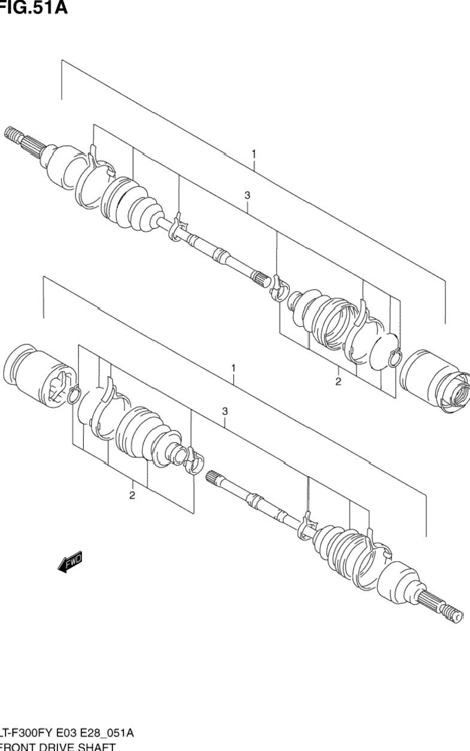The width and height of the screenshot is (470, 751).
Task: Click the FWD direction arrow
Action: pos(70,561)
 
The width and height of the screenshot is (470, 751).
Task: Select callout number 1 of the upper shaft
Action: pos(254,155)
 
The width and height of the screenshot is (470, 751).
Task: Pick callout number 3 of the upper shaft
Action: pos(247,195)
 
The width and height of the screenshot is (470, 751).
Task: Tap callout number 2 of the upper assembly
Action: pos(338,381)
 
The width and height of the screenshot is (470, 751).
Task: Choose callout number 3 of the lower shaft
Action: pos(225,411)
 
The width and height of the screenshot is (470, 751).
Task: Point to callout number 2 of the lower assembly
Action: pos(132,495)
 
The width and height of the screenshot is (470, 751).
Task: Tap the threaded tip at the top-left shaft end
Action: pos(12,135)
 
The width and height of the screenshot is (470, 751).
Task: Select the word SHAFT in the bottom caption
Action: pos(96,746)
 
